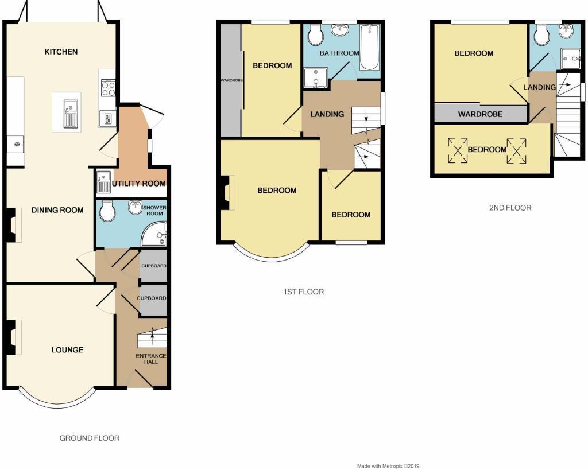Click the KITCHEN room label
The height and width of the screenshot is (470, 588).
61,52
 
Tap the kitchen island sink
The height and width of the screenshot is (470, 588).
69,111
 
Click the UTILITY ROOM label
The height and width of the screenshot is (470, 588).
139,184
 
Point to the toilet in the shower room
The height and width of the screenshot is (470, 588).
107,212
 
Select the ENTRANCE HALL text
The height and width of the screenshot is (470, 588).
151,359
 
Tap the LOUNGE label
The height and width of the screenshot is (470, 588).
67,350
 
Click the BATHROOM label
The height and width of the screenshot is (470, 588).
339,53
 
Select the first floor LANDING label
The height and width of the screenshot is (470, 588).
327,114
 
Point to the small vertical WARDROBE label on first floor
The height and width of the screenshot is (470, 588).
231,80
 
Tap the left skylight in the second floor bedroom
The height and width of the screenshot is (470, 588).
458,150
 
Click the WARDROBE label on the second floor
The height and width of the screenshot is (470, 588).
480,114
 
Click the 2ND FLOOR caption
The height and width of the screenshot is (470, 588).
510,208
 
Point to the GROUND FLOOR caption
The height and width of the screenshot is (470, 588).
90,438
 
